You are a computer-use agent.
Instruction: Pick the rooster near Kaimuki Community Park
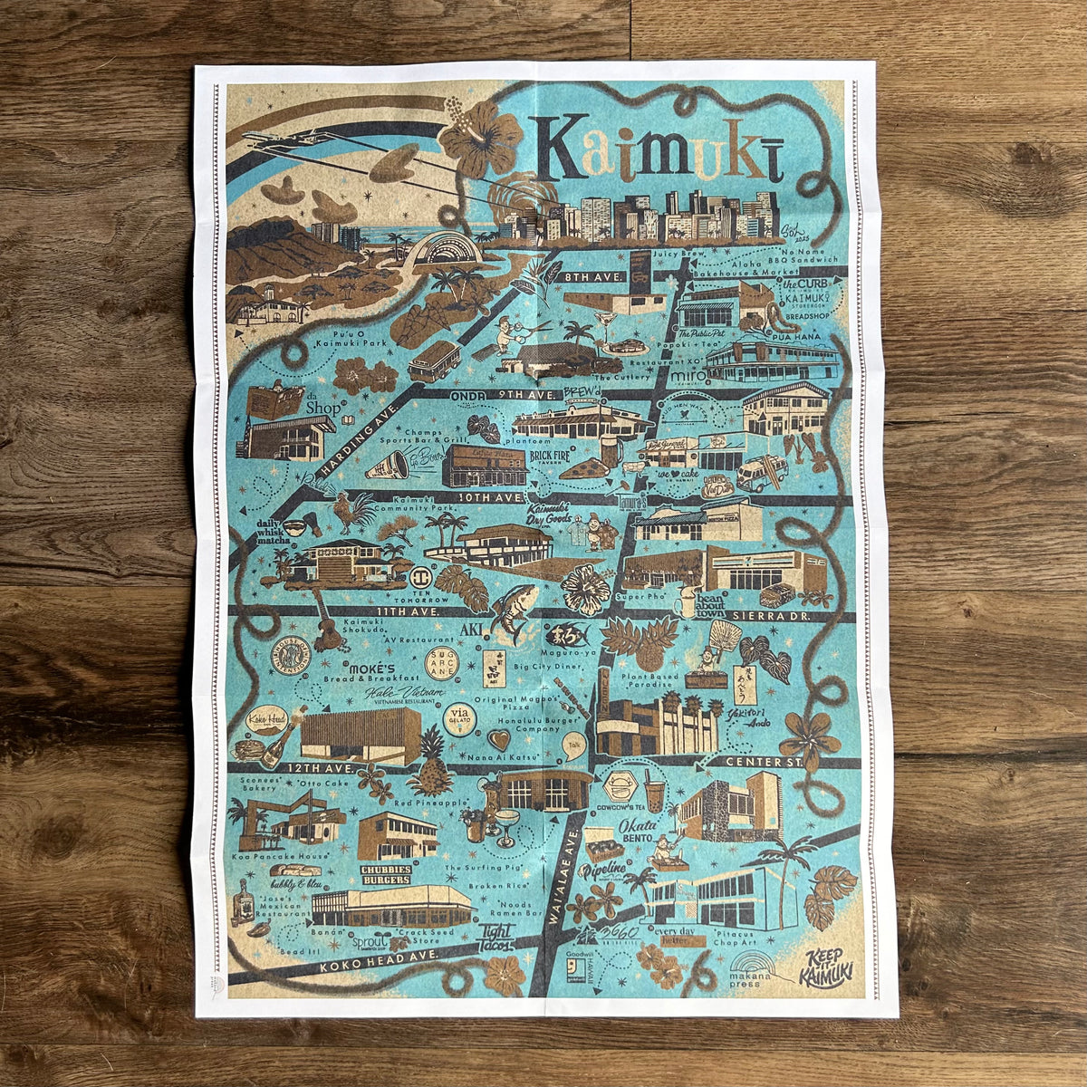[x=346, y=513]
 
